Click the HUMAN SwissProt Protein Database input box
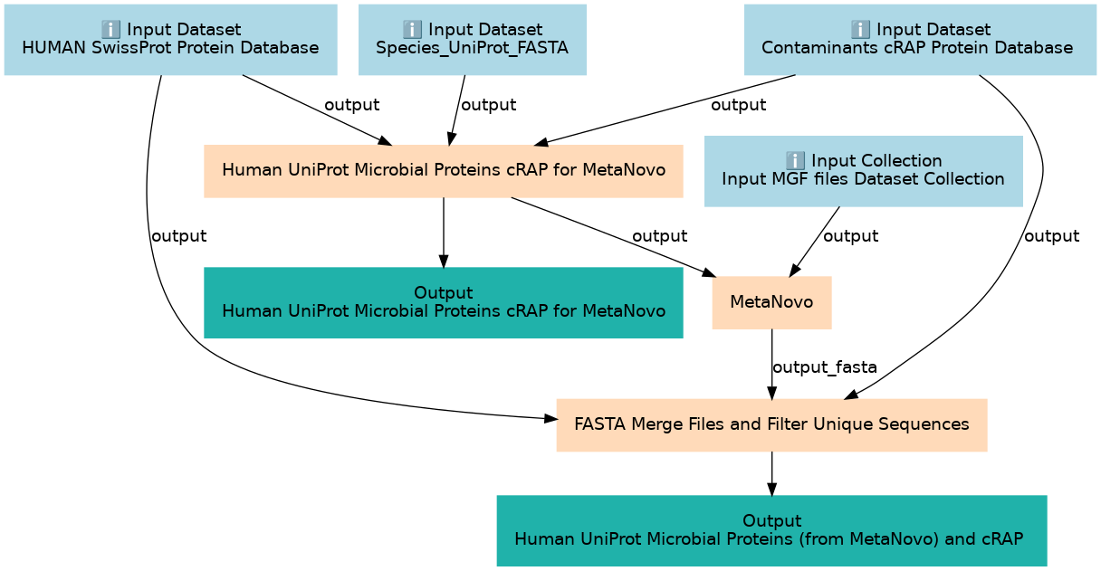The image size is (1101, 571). click(x=170, y=40)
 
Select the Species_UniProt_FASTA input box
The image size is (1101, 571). click(x=473, y=40)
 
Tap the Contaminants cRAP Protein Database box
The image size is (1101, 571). click(x=920, y=40)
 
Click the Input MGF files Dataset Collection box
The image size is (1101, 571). click(x=864, y=171)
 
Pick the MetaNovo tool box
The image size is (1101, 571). click(x=771, y=302)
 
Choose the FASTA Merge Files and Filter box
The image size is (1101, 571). click(x=771, y=425)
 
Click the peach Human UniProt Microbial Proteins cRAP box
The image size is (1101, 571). click(x=444, y=171)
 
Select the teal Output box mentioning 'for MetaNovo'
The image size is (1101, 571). click(x=444, y=302)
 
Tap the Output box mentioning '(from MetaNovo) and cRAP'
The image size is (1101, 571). click(x=771, y=530)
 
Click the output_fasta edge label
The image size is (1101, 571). click(x=825, y=367)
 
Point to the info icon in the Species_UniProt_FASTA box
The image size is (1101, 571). click(x=412, y=30)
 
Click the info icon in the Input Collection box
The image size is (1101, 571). click(x=795, y=161)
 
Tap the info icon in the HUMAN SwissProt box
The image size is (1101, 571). click(x=110, y=30)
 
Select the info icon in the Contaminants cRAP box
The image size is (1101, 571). click(x=860, y=30)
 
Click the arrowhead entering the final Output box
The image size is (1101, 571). click(x=771, y=489)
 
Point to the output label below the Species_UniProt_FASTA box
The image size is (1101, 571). click(x=489, y=105)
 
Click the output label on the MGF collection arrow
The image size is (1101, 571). click(x=851, y=236)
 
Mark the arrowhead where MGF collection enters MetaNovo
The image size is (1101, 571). click(x=794, y=271)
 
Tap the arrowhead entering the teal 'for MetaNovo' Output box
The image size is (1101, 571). click(x=444, y=261)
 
